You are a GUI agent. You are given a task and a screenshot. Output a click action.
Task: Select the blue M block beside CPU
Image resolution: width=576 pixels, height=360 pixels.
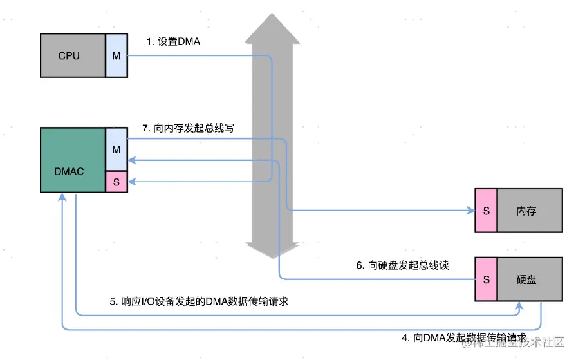(116, 56)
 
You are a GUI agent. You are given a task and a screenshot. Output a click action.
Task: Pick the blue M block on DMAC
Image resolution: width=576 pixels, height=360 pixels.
(116, 149)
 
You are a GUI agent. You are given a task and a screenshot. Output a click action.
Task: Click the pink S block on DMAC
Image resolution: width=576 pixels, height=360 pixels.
(116, 182)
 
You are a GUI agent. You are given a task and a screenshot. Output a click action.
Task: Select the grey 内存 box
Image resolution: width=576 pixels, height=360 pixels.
(526, 211)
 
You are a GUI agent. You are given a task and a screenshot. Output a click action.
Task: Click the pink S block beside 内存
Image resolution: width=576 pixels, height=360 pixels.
(486, 211)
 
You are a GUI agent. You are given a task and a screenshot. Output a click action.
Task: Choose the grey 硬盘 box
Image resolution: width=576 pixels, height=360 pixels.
(526, 279)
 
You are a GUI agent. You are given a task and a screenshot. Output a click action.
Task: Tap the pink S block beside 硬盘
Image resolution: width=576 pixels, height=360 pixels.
(486, 279)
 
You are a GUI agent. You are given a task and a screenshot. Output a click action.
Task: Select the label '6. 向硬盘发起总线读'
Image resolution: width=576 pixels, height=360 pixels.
(402, 265)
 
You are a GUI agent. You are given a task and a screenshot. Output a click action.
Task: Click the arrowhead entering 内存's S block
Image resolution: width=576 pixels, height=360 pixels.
(470, 211)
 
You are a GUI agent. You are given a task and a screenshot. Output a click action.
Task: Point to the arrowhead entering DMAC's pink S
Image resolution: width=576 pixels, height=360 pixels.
(132, 182)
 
